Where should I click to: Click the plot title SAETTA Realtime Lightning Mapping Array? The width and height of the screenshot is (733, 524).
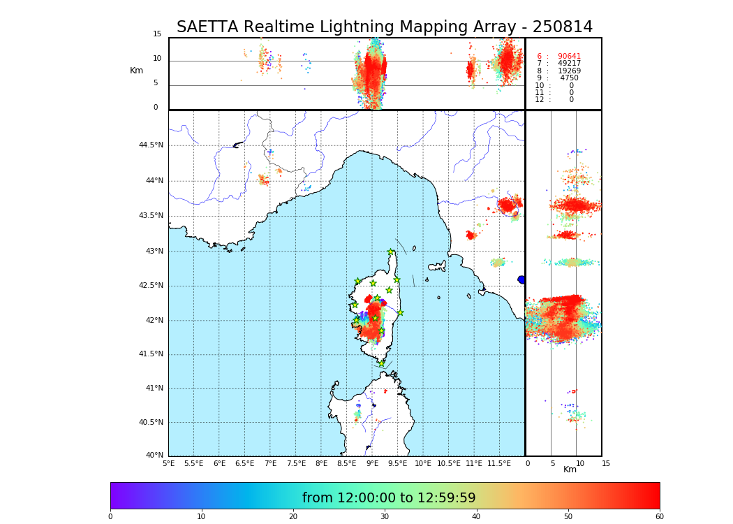pyautogui.click(x=384, y=27)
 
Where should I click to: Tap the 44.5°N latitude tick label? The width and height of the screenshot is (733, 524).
pyautogui.click(x=151, y=145)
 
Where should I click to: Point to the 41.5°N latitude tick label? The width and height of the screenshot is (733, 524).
pyautogui.click(x=151, y=354)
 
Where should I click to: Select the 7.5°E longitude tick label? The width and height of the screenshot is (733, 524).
pyautogui.click(x=296, y=463)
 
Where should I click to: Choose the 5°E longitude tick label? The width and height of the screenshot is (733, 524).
pyautogui.click(x=168, y=463)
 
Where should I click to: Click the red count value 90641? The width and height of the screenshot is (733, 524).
pyautogui.click(x=569, y=57)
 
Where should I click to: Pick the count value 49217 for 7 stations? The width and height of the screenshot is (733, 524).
pyautogui.click(x=569, y=64)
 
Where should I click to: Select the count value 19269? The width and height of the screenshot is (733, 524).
pyautogui.click(x=569, y=71)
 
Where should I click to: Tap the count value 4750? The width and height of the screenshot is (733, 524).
pyautogui.click(x=569, y=78)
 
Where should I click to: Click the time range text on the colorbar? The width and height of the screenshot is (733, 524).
pyautogui.click(x=389, y=498)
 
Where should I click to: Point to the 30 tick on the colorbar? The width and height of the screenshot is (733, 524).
pyautogui.click(x=385, y=517)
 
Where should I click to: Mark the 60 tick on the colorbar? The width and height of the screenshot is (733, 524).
pyautogui.click(x=659, y=517)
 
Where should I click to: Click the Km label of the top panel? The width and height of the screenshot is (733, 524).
pyautogui.click(x=136, y=71)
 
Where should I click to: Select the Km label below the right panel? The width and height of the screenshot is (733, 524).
pyautogui.click(x=570, y=470)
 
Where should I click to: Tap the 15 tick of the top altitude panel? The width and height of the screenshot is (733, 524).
pyautogui.click(x=157, y=34)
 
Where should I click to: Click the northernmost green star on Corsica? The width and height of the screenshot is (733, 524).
pyautogui.click(x=391, y=252)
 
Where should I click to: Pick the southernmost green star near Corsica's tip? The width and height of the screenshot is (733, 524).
pyautogui.click(x=381, y=363)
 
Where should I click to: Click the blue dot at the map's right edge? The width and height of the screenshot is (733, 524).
pyautogui.click(x=521, y=279)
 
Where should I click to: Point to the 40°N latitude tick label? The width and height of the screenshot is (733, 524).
pyautogui.click(x=154, y=456)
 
